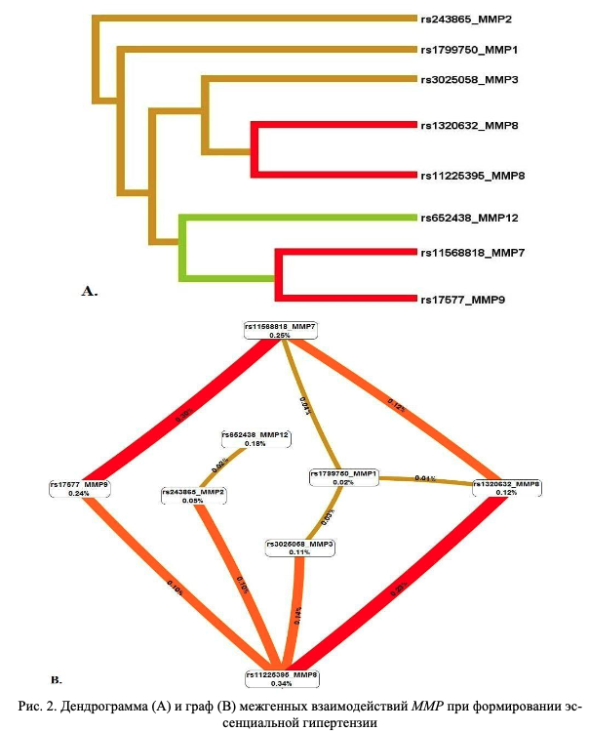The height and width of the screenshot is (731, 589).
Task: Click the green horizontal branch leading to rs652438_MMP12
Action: [x=293, y=217]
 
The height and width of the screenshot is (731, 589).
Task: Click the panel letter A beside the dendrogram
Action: [x=91, y=290]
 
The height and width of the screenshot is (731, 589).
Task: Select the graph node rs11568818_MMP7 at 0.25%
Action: [x=281, y=330]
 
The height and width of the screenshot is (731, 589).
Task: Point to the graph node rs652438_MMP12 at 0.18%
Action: [x=255, y=437]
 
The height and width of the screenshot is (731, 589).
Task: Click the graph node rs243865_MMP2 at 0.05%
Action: [x=194, y=495]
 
